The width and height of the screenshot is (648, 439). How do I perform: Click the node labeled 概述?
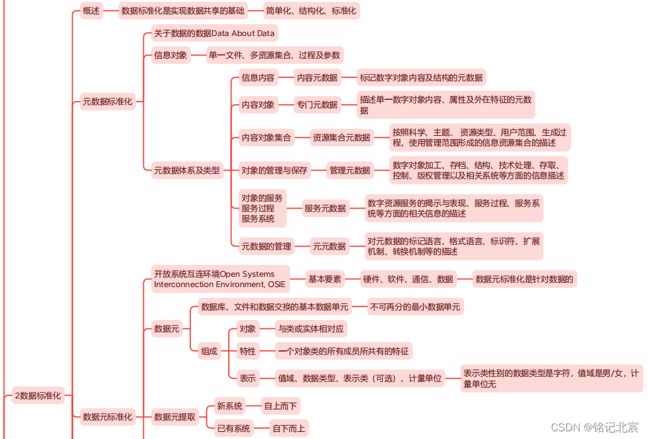(92, 10)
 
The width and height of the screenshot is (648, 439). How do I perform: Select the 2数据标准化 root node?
(38, 396)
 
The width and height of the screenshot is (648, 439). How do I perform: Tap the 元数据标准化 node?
(107, 101)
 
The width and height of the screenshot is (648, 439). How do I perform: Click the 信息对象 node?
(171, 55)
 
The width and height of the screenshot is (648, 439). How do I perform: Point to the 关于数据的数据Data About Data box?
(214, 33)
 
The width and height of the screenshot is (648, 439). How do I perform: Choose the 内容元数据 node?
(317, 78)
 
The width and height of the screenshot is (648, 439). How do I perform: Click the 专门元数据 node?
(317, 104)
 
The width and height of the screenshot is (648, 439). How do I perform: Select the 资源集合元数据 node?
(341, 137)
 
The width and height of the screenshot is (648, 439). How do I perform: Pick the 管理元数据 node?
(350, 171)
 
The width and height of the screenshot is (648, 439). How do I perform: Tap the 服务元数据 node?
(325, 208)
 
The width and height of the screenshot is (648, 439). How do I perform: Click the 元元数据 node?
(329, 246)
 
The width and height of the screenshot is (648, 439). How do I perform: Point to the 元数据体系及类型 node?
(186, 171)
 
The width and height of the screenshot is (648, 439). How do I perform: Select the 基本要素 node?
(325, 279)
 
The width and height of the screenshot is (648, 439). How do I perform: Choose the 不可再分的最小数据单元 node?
(415, 307)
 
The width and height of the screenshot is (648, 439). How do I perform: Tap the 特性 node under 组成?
(248, 351)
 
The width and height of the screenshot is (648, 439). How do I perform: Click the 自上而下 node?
(281, 406)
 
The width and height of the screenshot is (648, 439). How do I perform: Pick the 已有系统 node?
(233, 428)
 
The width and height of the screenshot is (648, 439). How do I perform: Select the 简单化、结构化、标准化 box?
(312, 10)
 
